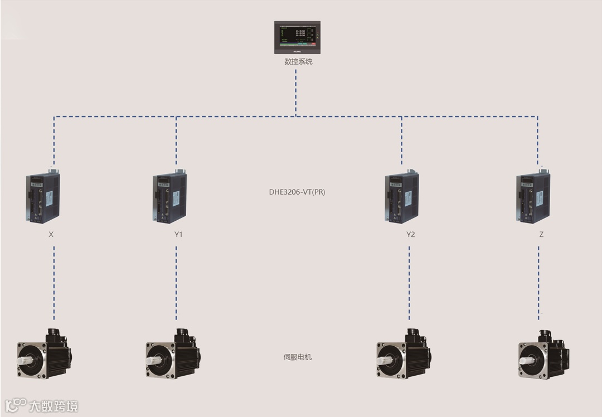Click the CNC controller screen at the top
(297, 37)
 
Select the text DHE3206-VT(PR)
(297, 192)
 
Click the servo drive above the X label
(43, 197)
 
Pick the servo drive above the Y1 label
(169, 197)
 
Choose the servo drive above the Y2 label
(401, 197)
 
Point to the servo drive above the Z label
(533, 197)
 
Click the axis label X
(51, 235)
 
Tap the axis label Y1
(178, 235)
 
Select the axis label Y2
(410, 235)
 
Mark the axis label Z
(541, 235)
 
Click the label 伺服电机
(298, 357)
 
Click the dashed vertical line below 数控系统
(296, 92)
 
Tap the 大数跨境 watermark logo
(42, 405)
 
